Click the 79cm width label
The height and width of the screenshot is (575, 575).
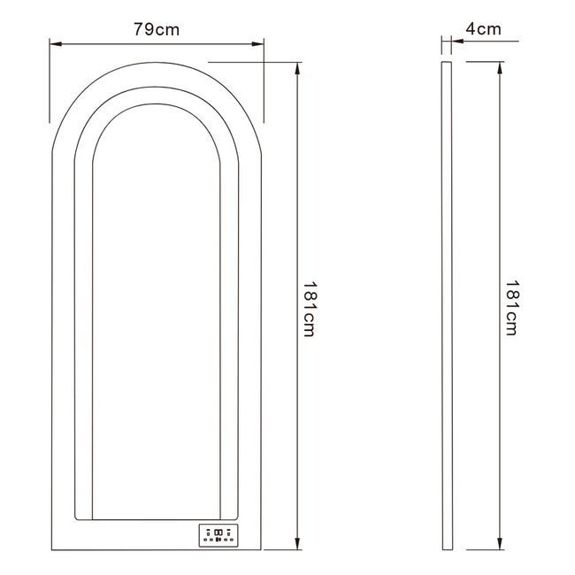point(157,29)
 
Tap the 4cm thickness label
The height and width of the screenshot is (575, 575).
point(483,28)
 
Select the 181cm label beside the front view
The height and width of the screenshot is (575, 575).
point(308,309)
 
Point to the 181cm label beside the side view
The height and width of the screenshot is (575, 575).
point(511,308)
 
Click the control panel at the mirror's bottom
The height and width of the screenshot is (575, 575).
point(218,535)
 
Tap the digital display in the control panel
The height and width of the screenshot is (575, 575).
point(218,532)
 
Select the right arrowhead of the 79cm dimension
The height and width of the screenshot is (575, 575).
point(257,44)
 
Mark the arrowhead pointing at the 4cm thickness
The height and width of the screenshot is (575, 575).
point(457,41)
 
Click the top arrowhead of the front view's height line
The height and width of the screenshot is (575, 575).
point(297,69)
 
